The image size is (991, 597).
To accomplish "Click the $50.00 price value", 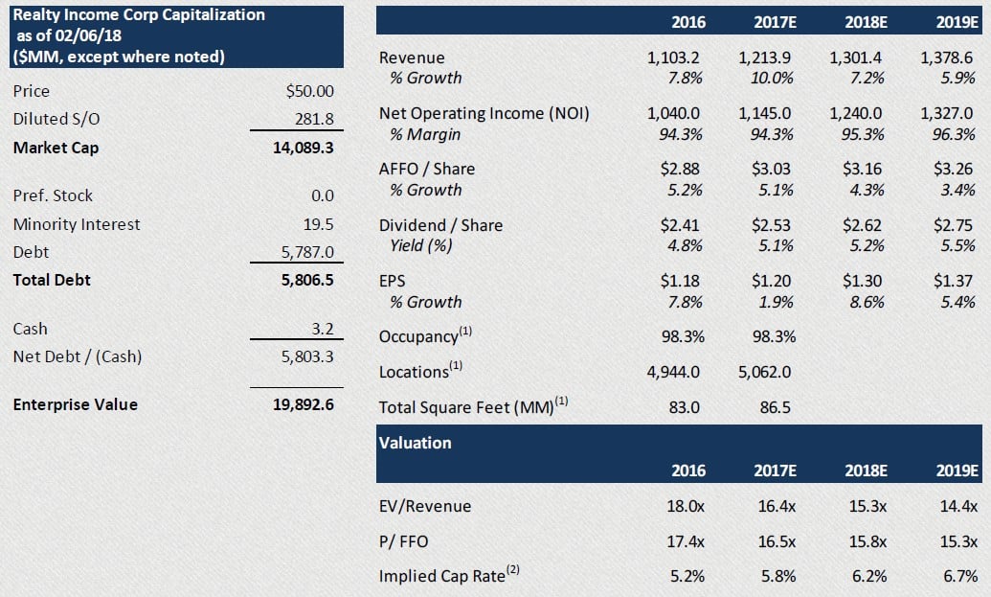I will pyautogui.click(x=310, y=91).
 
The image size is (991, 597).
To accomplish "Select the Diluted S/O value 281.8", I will pyautogui.click(x=315, y=120).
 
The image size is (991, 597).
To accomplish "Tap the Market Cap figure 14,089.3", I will pyautogui.click(x=304, y=148).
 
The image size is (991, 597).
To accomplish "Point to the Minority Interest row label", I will pyautogui.click(x=77, y=224).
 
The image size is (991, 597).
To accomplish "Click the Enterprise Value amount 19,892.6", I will pyautogui.click(x=304, y=404).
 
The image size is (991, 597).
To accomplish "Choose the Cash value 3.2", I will pyautogui.click(x=322, y=329).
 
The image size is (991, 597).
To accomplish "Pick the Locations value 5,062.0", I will pyautogui.click(x=764, y=371).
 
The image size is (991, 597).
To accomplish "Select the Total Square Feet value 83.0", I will pyautogui.click(x=684, y=407).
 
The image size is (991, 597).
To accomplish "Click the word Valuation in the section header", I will pyautogui.click(x=415, y=443).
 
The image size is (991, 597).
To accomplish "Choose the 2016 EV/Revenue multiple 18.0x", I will pyautogui.click(x=685, y=506).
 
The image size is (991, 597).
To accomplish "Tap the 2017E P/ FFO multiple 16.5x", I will pyautogui.click(x=775, y=541).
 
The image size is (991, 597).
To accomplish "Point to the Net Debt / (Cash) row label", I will pyautogui.click(x=78, y=357).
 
